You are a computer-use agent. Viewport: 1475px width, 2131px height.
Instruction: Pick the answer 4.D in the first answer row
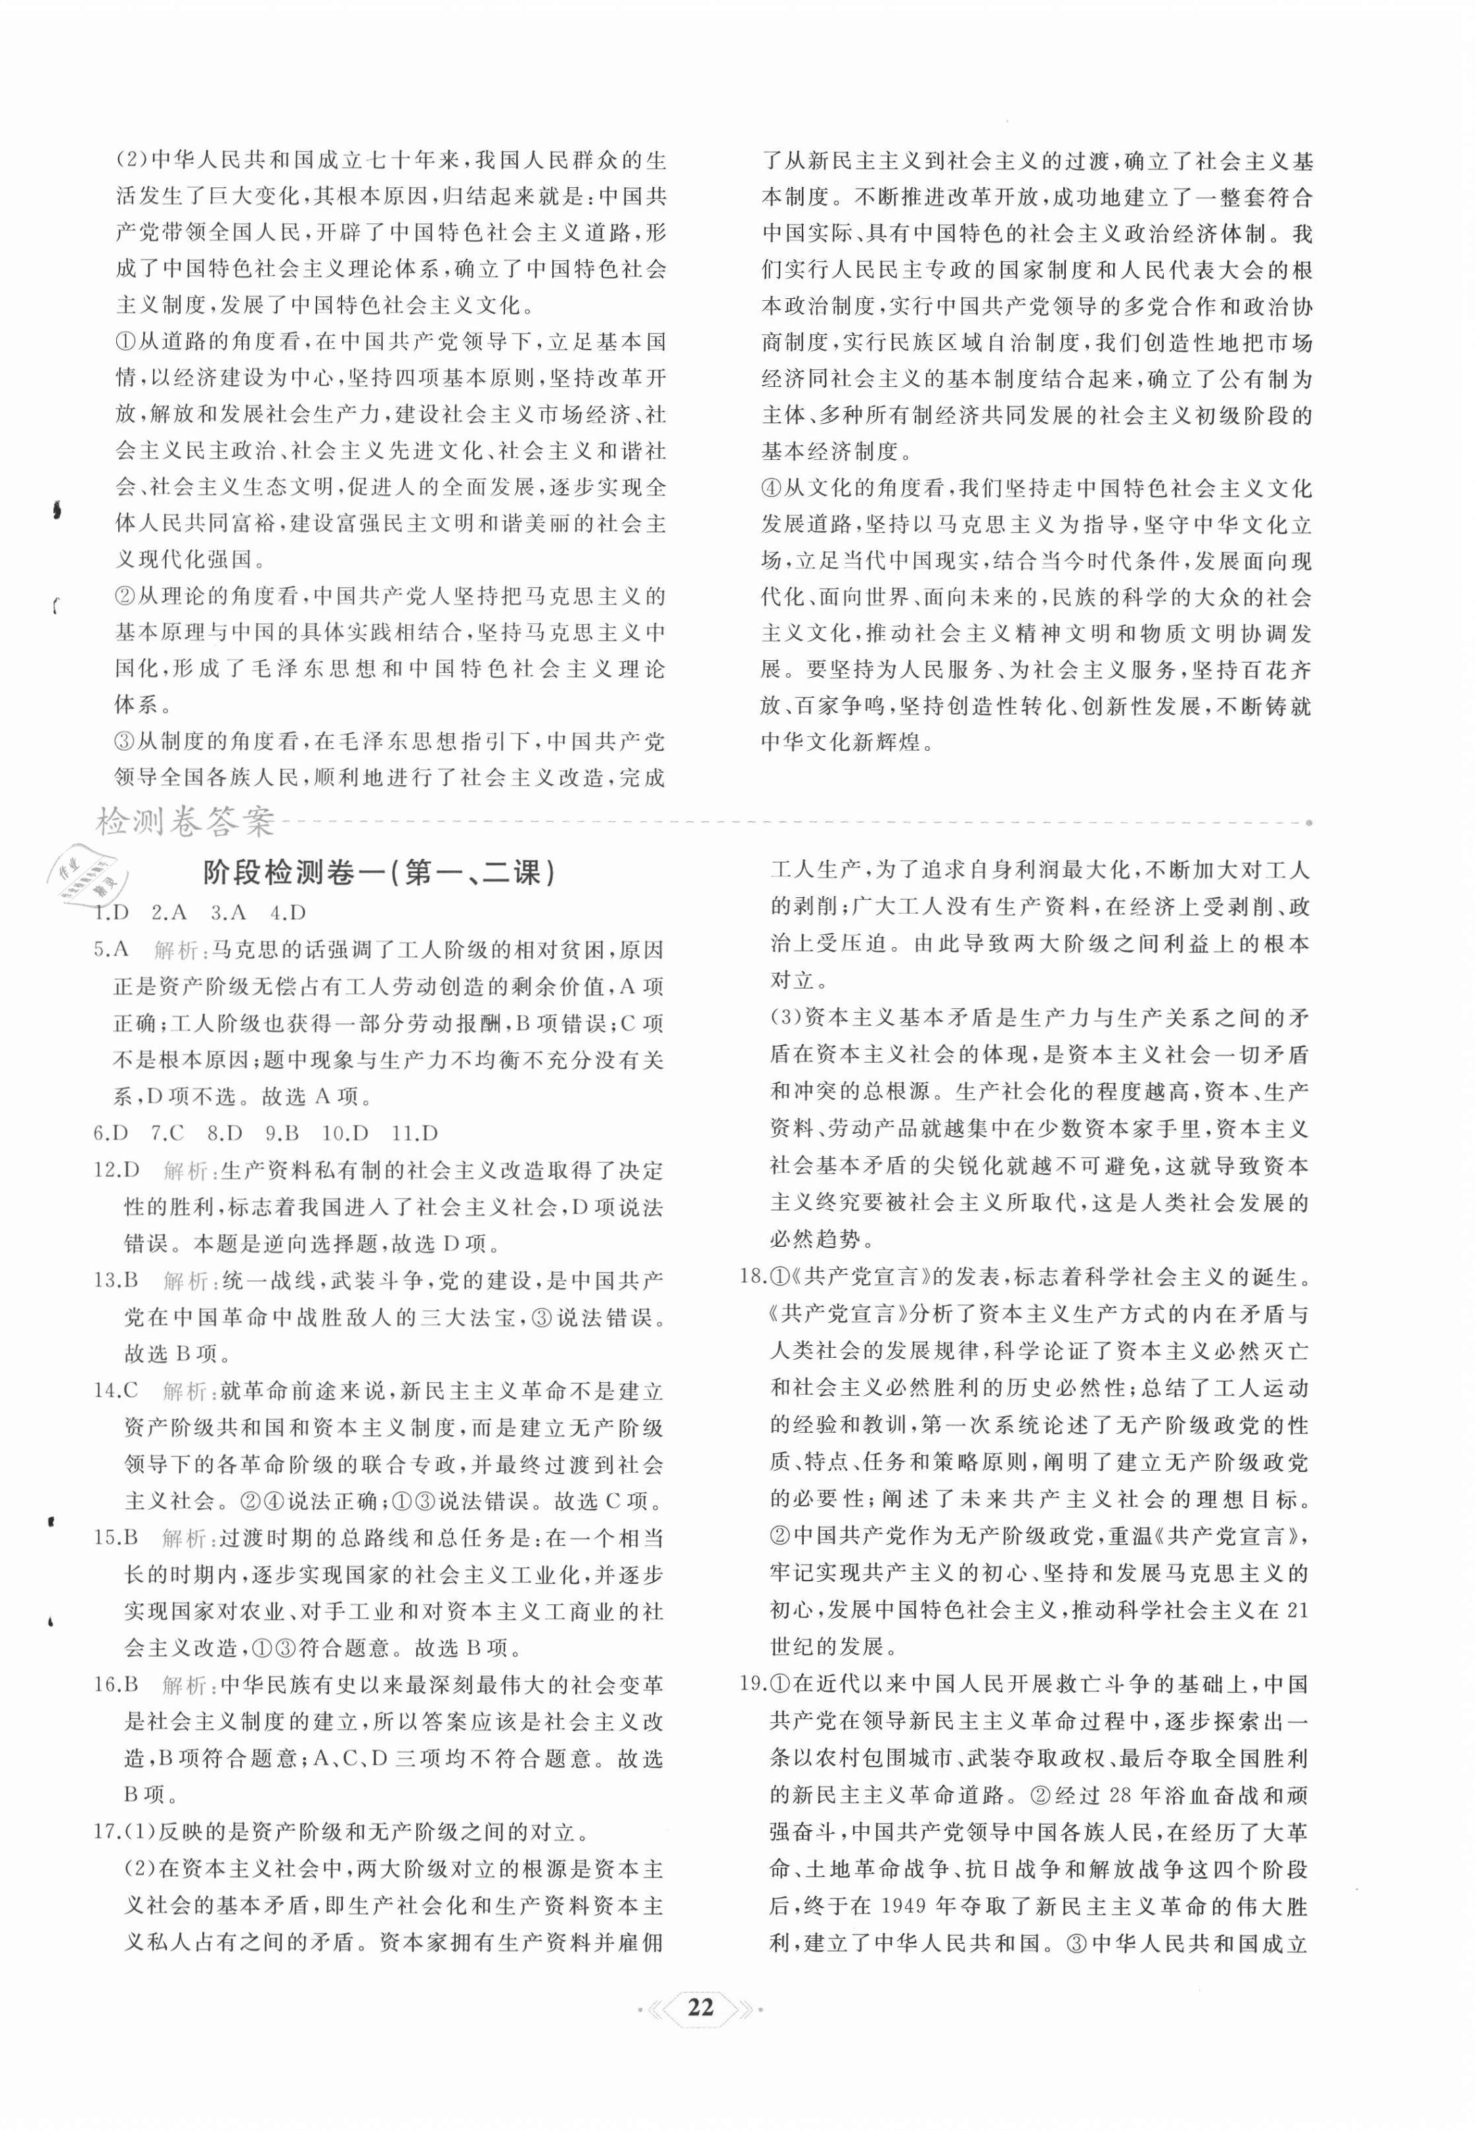288,912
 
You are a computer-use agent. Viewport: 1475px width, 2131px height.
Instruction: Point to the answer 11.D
414,1133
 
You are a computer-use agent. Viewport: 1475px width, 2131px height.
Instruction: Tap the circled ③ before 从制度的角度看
125,742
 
